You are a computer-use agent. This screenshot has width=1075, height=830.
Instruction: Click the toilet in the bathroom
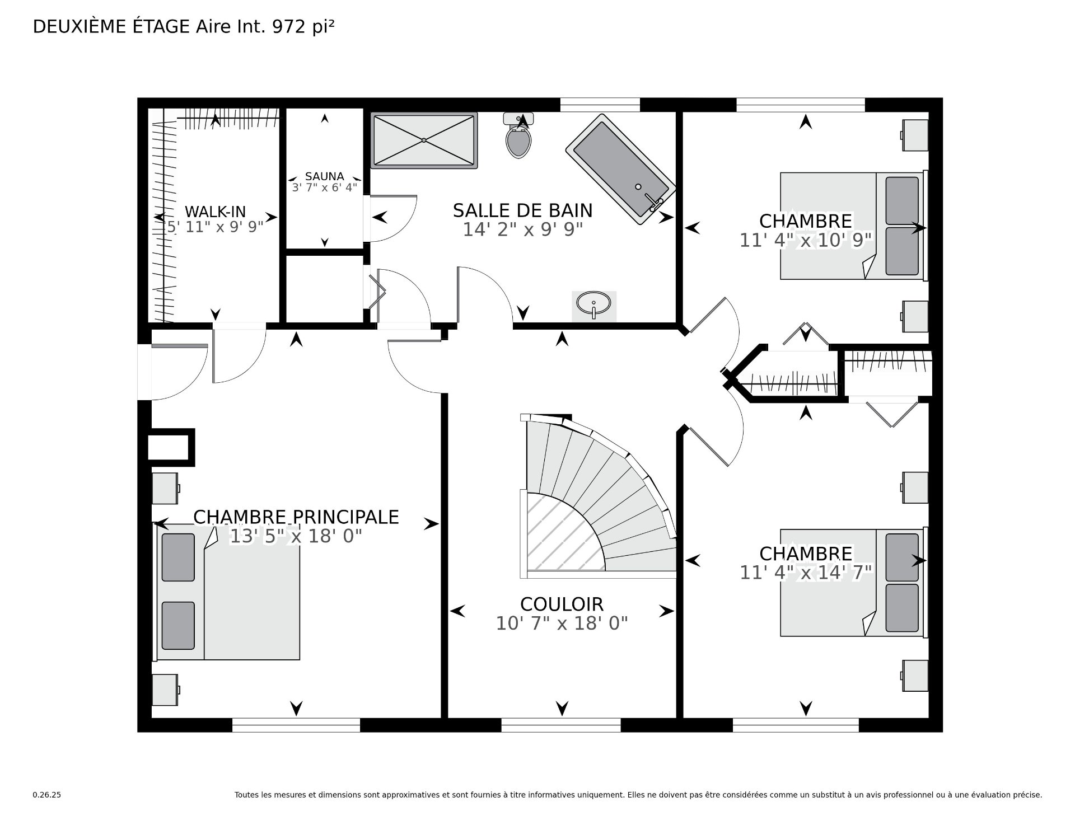click(518, 140)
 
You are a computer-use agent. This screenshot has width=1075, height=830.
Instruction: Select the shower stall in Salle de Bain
click(424, 140)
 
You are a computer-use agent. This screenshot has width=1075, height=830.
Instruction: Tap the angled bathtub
click(620, 168)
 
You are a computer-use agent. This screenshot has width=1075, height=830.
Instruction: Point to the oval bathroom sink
click(593, 304)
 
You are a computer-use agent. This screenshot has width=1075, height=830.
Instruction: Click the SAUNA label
click(324, 176)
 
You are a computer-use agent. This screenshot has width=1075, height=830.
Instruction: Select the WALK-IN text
click(215, 212)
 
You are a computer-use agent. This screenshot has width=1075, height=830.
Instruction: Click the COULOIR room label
click(562, 604)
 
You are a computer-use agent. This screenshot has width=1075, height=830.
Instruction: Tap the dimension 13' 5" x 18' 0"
click(296, 537)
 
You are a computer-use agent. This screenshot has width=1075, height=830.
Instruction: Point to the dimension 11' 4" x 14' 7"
click(806, 573)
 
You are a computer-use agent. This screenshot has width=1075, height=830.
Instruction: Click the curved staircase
click(605, 498)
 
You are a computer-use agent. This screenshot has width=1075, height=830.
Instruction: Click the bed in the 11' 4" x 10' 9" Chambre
click(851, 226)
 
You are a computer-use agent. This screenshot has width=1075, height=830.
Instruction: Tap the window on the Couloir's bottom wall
click(560, 725)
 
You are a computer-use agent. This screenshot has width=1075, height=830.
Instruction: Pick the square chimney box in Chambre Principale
click(171, 448)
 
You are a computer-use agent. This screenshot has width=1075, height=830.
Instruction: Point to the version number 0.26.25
click(47, 795)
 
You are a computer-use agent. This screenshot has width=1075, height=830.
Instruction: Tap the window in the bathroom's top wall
click(600, 105)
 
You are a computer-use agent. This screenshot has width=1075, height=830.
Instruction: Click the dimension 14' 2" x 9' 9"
click(522, 229)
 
